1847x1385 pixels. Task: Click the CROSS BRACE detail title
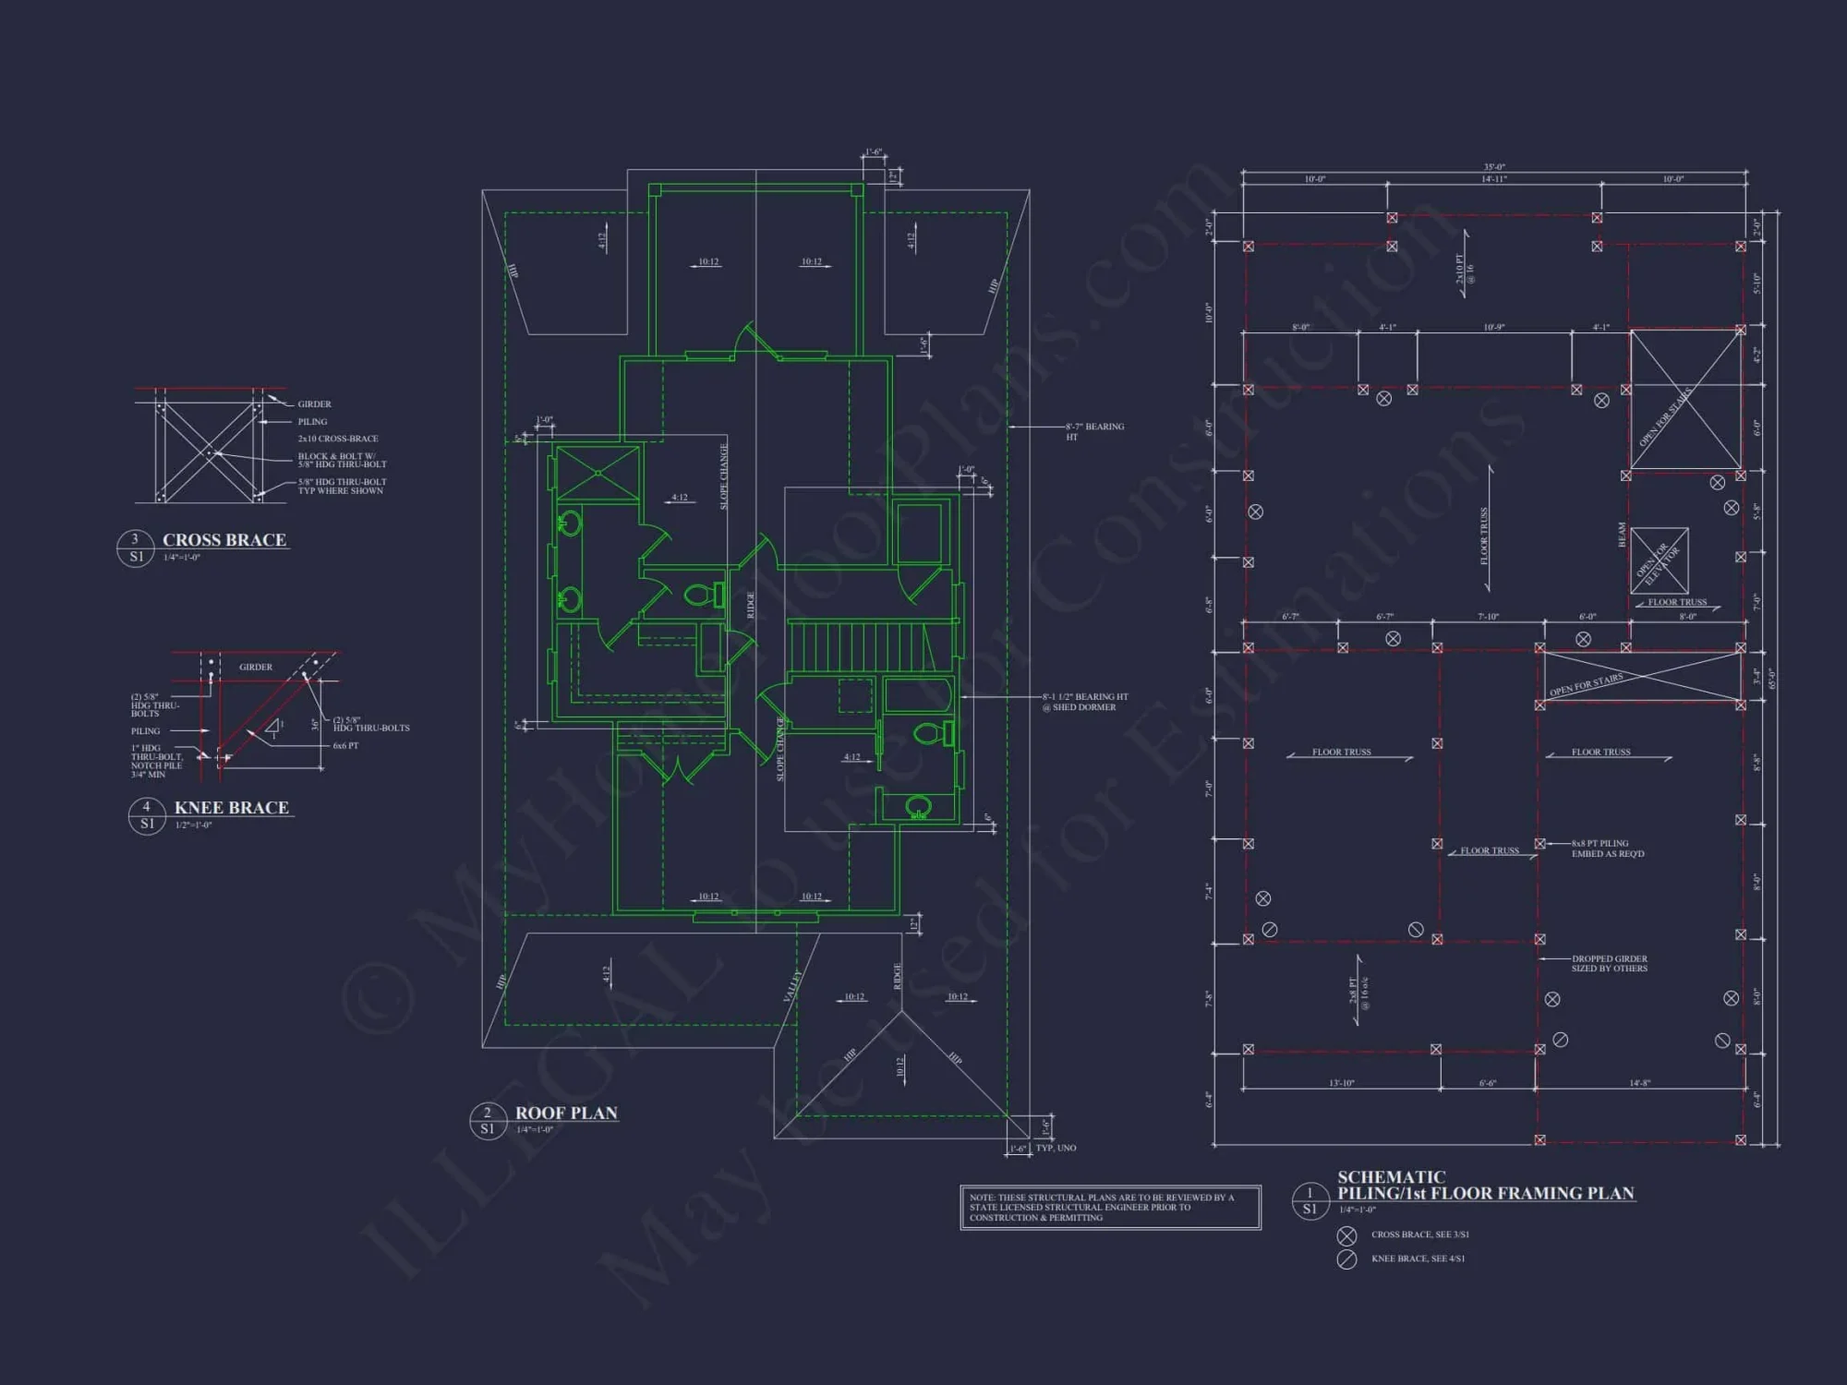[x=224, y=540]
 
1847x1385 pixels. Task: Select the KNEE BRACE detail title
[x=232, y=808]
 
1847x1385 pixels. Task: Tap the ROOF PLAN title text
[x=566, y=1114]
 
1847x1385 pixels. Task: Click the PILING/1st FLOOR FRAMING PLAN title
[x=1486, y=1193]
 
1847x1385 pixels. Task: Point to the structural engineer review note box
[x=1110, y=1207]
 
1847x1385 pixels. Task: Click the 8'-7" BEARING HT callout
[x=1094, y=431]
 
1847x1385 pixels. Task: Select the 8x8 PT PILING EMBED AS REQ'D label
[x=1608, y=849]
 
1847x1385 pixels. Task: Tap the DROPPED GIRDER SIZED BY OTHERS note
[x=1610, y=963]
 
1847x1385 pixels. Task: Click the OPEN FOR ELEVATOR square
[x=1659, y=560]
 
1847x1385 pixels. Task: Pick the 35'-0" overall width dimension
[x=1493, y=167]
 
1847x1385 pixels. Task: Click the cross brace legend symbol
[x=1346, y=1235]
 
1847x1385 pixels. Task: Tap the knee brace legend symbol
[x=1346, y=1259]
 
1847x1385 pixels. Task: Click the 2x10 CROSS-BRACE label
[x=338, y=439]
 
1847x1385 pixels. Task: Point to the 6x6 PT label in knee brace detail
[x=346, y=745]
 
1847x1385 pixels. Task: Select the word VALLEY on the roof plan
[x=791, y=984]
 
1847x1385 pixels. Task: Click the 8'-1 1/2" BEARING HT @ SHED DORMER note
[x=1084, y=702]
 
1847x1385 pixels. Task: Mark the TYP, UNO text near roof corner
[x=1056, y=1148]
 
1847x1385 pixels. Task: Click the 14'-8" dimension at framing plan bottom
[x=1639, y=1083]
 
